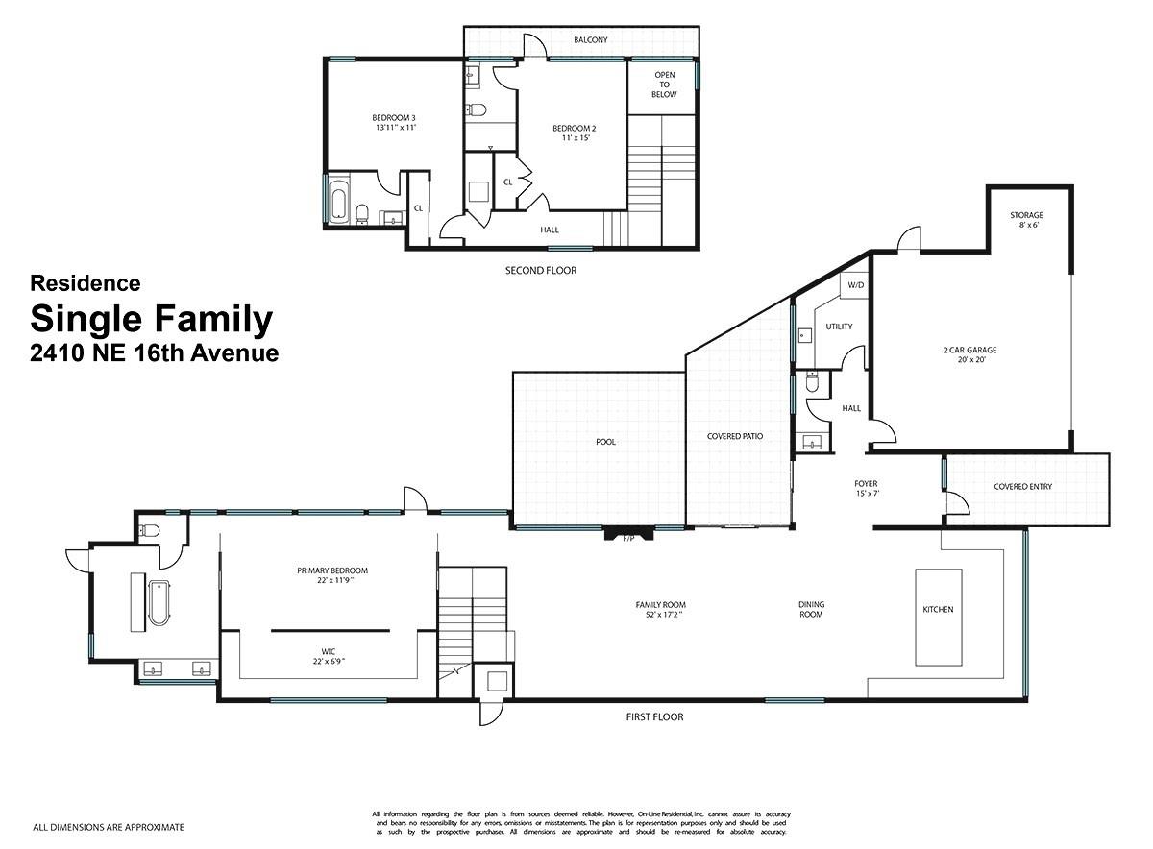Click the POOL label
click(x=605, y=443)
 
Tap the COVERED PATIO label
click(x=735, y=436)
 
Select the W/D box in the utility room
click(x=855, y=285)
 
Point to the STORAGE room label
click(x=1026, y=215)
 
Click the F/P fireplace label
click(x=629, y=538)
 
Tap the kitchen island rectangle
click(x=938, y=617)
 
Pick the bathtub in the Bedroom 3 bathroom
click(x=337, y=200)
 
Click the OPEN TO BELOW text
click(x=664, y=85)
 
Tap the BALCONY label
click(x=590, y=40)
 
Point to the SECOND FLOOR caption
click(x=541, y=271)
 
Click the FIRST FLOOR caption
click(x=653, y=716)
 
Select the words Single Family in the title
click(x=151, y=319)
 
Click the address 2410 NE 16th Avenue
click(x=154, y=353)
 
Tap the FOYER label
click(x=866, y=484)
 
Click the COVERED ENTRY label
click(x=1023, y=487)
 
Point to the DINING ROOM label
click(x=811, y=609)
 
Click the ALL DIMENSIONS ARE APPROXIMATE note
click(x=109, y=827)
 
